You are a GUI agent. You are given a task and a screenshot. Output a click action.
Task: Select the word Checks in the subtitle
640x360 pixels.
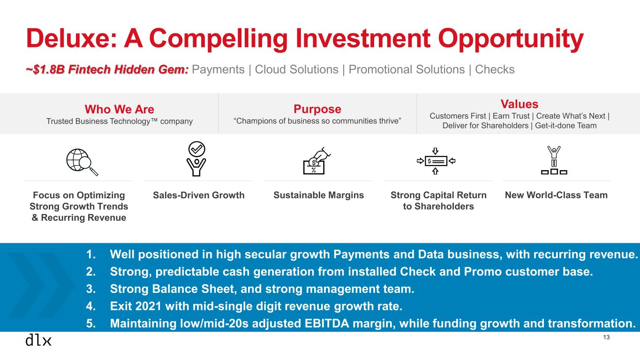point(495,69)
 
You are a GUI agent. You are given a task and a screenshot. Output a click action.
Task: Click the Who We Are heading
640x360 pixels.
point(120,109)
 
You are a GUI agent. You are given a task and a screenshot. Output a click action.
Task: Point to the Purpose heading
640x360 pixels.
point(317,109)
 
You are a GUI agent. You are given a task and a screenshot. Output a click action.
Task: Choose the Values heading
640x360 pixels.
point(520,104)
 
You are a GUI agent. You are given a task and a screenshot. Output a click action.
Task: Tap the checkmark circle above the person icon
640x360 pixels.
point(196,149)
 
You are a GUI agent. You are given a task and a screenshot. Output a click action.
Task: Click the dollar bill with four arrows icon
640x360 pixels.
point(436,161)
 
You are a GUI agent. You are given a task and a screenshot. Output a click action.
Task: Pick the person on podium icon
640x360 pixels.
point(554,160)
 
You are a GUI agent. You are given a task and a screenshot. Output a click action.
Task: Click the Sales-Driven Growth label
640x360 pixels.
point(199,195)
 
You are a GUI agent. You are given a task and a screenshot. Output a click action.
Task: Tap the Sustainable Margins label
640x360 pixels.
point(318,195)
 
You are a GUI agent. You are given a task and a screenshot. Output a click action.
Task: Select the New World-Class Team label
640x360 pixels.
point(556,195)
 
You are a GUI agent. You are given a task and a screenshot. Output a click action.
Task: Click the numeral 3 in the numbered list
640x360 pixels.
point(90,289)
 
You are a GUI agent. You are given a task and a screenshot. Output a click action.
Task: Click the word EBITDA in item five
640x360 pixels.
point(327,323)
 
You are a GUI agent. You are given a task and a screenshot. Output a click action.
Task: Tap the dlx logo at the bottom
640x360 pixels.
point(38,340)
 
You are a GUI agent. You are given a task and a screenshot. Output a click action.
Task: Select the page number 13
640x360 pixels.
point(606,337)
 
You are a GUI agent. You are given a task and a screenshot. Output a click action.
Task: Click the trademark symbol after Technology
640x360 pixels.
point(154,120)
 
